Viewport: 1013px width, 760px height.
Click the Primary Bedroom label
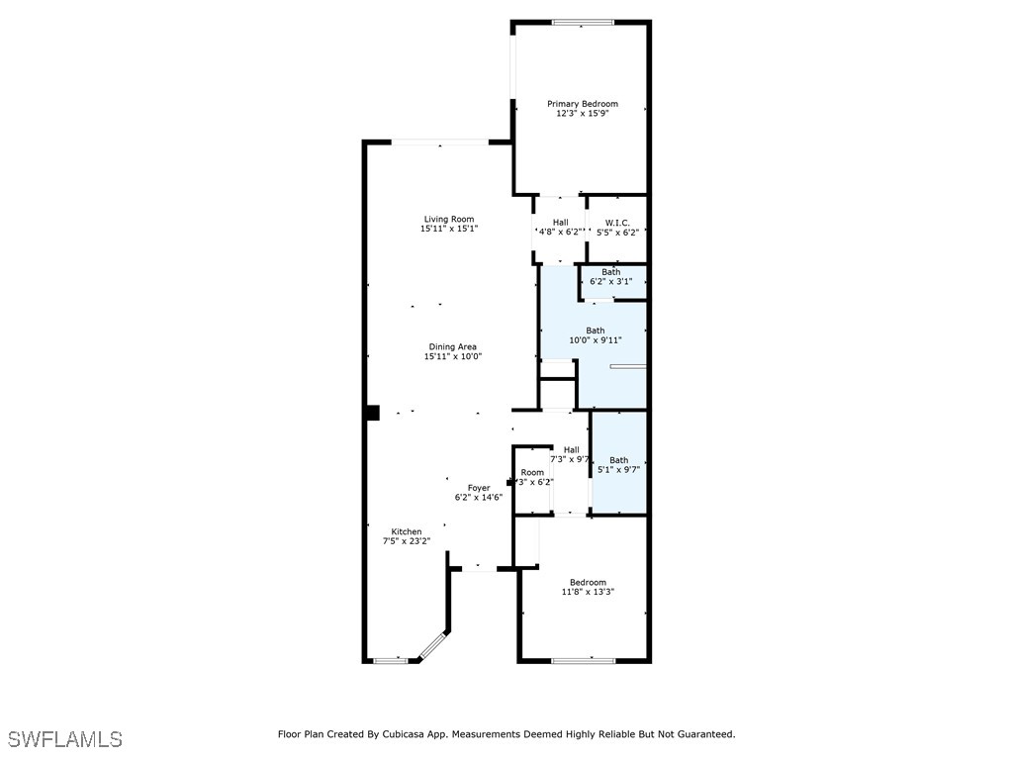point(583,104)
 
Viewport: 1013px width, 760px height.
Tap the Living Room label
point(449,219)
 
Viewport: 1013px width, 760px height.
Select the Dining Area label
point(452,346)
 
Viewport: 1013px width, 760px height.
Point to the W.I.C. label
point(617,223)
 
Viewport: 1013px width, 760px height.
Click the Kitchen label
point(406,531)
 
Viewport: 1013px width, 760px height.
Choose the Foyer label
point(479,487)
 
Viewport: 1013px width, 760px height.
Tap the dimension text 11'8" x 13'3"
point(588,592)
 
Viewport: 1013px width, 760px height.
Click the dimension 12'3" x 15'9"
point(583,114)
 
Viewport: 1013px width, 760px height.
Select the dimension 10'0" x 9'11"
point(595,340)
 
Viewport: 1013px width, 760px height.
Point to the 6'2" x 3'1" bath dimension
point(610,281)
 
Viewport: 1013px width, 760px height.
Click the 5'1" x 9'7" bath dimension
point(618,470)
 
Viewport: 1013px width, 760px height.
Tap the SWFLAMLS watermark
point(65,739)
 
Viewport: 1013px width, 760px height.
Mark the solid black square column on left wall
point(372,413)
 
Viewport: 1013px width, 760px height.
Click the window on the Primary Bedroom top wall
point(583,22)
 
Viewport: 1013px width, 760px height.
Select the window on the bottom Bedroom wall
point(583,660)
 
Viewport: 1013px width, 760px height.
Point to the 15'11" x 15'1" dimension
point(449,229)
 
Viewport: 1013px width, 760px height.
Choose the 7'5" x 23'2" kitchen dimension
point(406,541)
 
